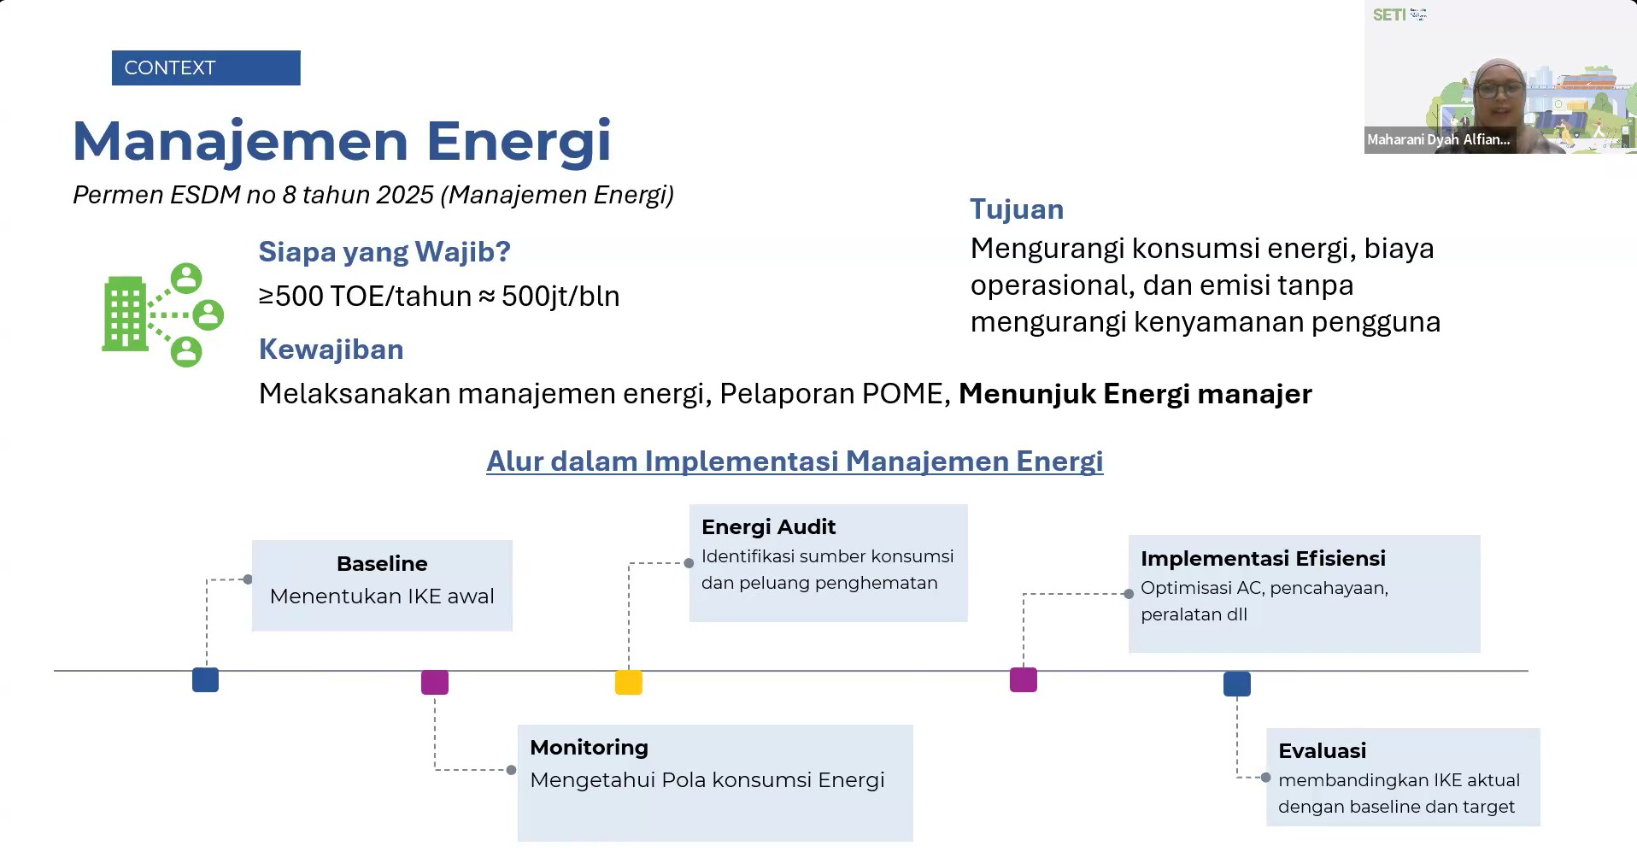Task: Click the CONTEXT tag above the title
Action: tap(206, 68)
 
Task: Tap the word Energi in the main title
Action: tap(519, 142)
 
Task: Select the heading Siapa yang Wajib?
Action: tap(384, 251)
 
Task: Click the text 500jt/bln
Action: tap(560, 296)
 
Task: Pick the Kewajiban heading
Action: tap(332, 349)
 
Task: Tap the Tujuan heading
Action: tap(1017, 209)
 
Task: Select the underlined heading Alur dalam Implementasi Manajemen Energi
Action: tap(795, 461)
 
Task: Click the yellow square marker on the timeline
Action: tap(629, 683)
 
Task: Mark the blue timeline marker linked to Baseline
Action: tap(205, 679)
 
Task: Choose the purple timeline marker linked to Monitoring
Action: tap(435, 682)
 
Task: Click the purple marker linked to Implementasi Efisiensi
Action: tap(1024, 679)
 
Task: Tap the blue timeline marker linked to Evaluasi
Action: tap(1237, 684)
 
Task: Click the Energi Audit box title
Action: tap(768, 526)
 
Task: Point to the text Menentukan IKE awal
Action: tap(382, 596)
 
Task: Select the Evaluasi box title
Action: tap(1322, 750)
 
